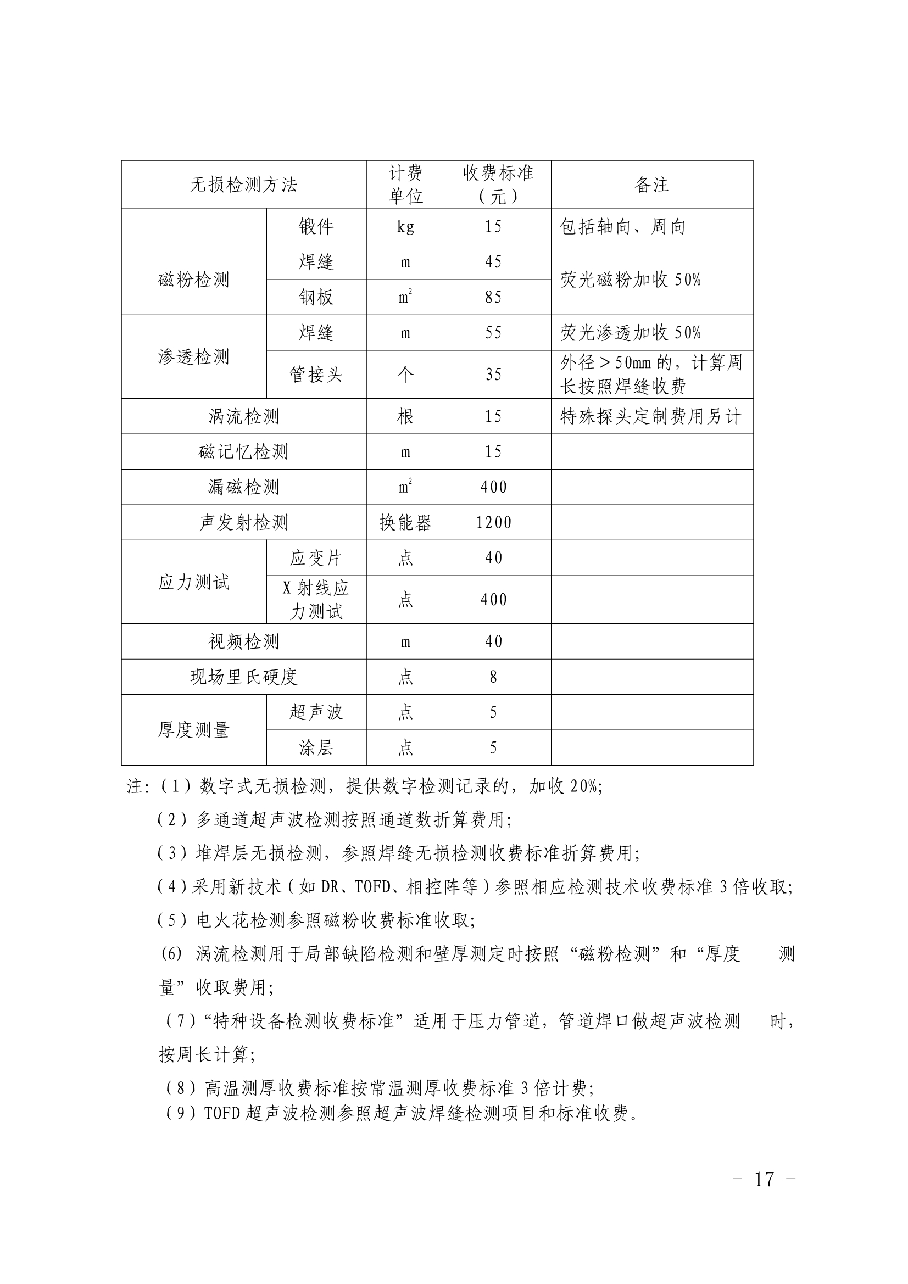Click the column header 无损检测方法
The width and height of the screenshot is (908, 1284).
243,185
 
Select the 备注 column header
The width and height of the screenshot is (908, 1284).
652,185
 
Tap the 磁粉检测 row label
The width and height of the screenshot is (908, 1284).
193,280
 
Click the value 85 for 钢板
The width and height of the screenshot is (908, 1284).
493,298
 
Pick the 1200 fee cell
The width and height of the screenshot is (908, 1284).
493,523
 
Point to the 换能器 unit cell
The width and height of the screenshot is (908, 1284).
405,523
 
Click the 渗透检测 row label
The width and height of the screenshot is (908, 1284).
193,357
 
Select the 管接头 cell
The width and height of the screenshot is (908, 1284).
316,375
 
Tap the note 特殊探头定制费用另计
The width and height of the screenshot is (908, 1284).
650,417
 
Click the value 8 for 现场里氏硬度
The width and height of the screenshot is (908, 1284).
493,677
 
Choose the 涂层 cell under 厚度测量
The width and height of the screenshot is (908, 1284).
316,747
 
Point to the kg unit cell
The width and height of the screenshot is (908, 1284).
405,227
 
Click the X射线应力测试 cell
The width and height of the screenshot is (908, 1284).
316,600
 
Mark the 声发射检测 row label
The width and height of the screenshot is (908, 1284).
243,523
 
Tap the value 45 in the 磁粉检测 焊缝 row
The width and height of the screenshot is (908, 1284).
493,263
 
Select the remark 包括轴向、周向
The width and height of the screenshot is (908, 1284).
622,227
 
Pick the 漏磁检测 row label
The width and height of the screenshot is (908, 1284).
243,487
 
